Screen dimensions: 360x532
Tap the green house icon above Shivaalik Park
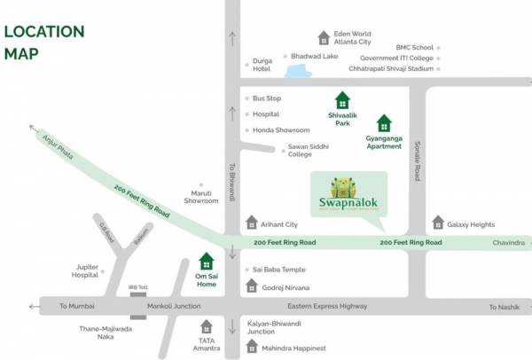click(x=341, y=100)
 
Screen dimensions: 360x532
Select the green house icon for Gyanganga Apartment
click(x=384, y=122)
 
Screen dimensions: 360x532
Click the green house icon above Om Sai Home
click(x=207, y=262)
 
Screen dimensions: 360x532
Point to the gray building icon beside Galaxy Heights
click(x=438, y=223)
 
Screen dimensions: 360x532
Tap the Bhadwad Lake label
click(x=315, y=56)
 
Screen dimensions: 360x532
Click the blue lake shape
click(x=293, y=67)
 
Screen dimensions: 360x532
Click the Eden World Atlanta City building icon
click(x=324, y=37)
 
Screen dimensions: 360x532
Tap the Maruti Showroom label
click(x=200, y=197)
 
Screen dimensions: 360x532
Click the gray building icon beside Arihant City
click(x=252, y=222)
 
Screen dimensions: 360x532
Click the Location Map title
click(x=44, y=42)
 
